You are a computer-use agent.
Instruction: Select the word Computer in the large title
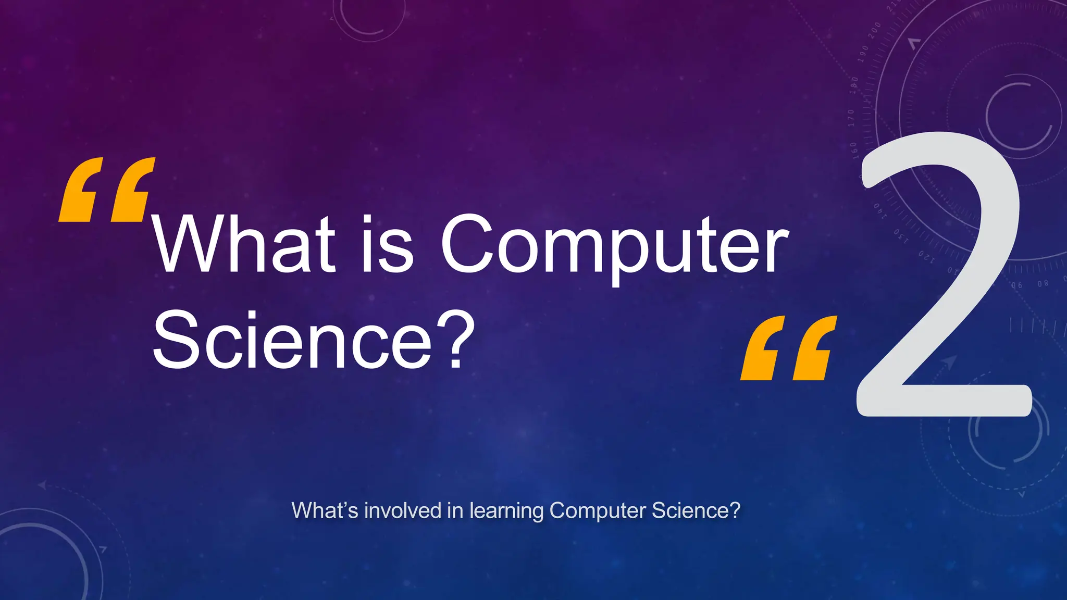[615, 245]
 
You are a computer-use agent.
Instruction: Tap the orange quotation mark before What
[107, 190]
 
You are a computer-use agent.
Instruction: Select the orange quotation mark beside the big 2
[788, 348]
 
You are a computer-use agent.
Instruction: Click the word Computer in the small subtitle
[598, 511]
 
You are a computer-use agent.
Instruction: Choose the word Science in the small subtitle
[696, 510]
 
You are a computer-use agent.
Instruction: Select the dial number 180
[854, 85]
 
